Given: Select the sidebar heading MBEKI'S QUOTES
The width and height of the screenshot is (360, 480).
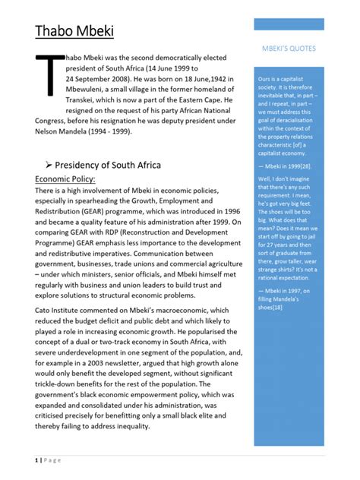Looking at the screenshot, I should [289, 49].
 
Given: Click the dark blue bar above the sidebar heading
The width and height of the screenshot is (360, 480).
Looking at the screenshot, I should [289, 24].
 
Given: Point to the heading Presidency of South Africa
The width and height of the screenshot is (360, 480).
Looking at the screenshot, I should [114, 165].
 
